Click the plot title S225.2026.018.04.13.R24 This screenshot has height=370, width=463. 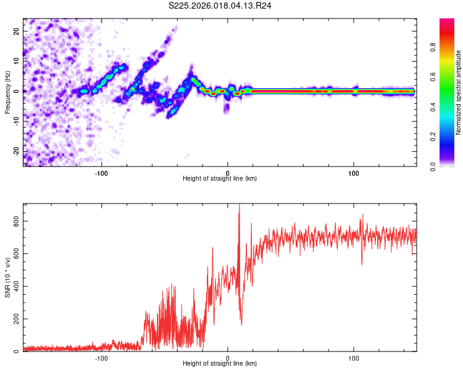220,6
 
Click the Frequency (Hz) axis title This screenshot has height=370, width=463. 7,92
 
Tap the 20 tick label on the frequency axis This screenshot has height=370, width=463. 17,31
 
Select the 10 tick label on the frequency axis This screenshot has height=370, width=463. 17,61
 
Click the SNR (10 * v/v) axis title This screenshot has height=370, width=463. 7,277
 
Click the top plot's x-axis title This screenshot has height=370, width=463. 220,179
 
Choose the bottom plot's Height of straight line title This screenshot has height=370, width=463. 220,364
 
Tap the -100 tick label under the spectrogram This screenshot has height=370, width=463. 102,172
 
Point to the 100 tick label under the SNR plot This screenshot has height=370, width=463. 354,357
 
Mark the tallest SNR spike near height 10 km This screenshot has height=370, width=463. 240,206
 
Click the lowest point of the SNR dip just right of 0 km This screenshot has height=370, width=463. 241,324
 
